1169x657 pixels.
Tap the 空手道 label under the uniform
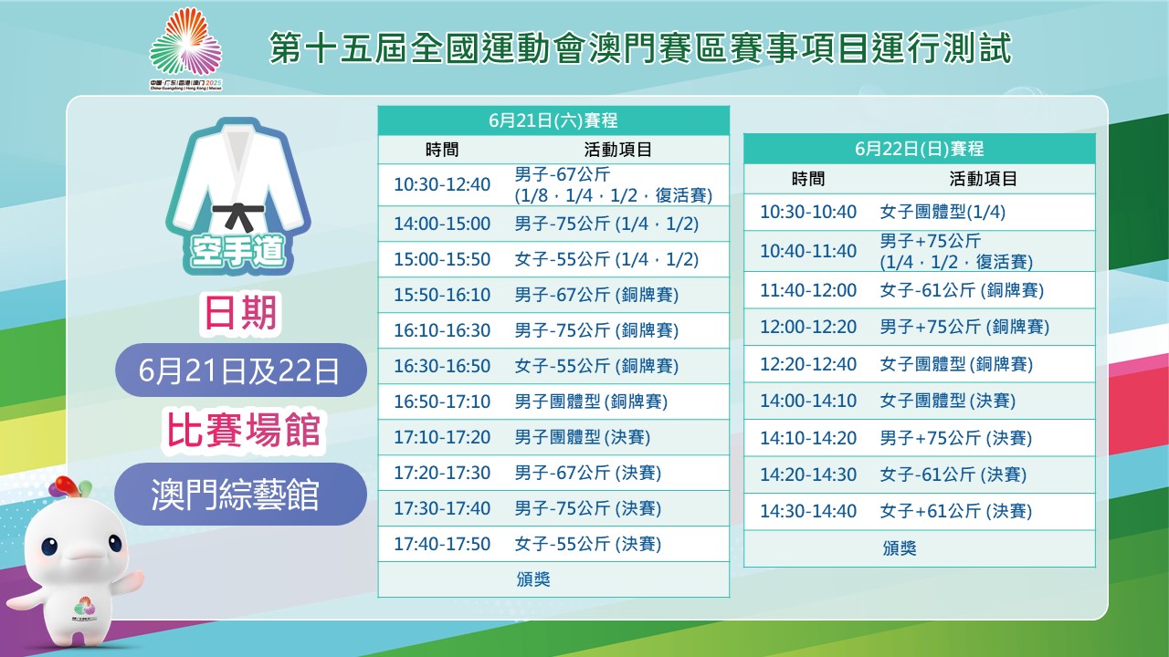pos(237,251)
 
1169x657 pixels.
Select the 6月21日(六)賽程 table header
pos(553,120)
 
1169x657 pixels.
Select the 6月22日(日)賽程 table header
pos(919,149)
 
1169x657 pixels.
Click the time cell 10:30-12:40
pos(442,184)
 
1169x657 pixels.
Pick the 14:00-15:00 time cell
pos(442,224)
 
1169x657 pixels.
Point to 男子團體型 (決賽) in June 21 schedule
pos(583,437)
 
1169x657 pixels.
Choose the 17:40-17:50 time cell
pos(442,544)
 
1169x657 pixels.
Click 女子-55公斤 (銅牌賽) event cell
pos(596,366)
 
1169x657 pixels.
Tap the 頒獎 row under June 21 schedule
pos(533,579)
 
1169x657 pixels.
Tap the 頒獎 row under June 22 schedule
pos(900,548)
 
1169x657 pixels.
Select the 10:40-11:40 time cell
pos(808,251)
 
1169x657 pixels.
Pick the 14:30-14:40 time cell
pos(808,511)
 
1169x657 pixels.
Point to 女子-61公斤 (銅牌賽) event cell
pos(962,290)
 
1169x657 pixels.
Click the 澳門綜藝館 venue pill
pos(240,494)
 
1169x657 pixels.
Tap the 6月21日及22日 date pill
pos(240,370)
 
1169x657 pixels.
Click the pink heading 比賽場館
pos(243,430)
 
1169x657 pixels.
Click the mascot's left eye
pos(49,547)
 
